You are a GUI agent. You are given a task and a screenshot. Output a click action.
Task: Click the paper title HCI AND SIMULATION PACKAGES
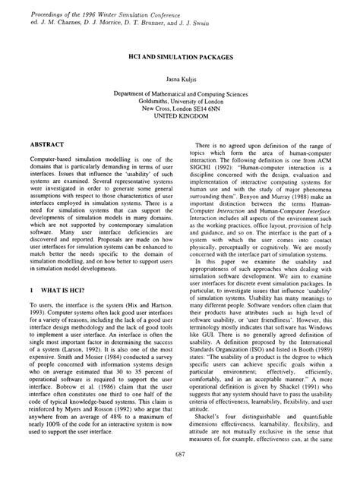tap(180, 57)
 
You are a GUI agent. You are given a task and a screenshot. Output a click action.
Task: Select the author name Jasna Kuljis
tap(180, 78)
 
